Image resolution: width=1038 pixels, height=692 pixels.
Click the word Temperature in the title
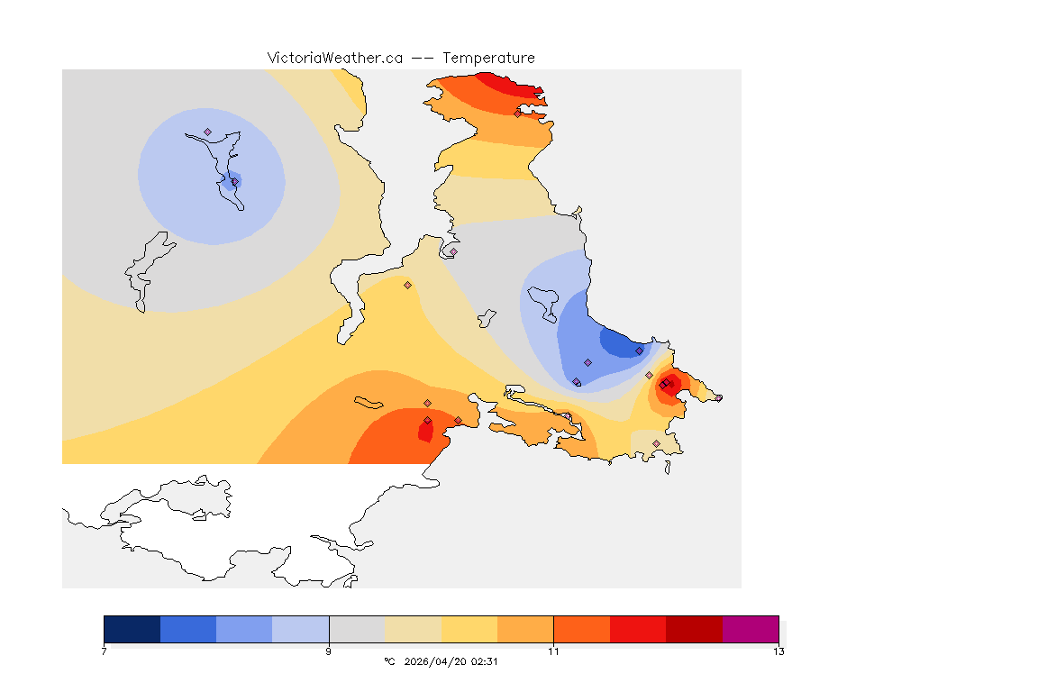pyautogui.click(x=488, y=58)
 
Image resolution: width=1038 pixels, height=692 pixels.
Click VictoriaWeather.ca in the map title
pyautogui.click(x=334, y=58)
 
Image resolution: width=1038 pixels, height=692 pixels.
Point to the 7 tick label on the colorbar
pyautogui.click(x=105, y=651)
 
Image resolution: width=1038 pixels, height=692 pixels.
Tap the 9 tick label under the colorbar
pyautogui.click(x=329, y=651)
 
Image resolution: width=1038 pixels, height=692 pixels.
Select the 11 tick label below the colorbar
pyautogui.click(x=553, y=651)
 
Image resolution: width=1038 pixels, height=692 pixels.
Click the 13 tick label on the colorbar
pyautogui.click(x=778, y=651)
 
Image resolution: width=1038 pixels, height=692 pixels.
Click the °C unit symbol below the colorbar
pyautogui.click(x=389, y=661)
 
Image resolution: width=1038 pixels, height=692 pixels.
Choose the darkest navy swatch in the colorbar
pyautogui.click(x=132, y=629)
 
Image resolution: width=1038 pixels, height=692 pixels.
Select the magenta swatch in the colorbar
pyautogui.click(x=750, y=629)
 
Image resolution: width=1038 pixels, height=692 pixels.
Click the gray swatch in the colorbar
pyautogui.click(x=357, y=629)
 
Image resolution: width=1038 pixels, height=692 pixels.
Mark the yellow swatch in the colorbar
pyautogui.click(x=469, y=629)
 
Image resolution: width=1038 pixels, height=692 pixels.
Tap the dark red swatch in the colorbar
pyautogui.click(x=694, y=629)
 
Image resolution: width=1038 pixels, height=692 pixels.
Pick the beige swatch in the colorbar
pyautogui.click(x=413, y=629)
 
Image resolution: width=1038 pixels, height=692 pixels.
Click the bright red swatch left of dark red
pyautogui.click(x=638, y=629)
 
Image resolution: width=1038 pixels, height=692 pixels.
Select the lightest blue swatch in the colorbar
pyautogui.click(x=300, y=629)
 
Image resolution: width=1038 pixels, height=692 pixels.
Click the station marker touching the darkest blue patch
pyautogui.click(x=639, y=351)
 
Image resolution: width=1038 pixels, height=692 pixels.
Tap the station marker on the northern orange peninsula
pyautogui.click(x=517, y=114)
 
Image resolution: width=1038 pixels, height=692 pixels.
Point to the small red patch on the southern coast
pyautogui.click(x=424, y=431)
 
